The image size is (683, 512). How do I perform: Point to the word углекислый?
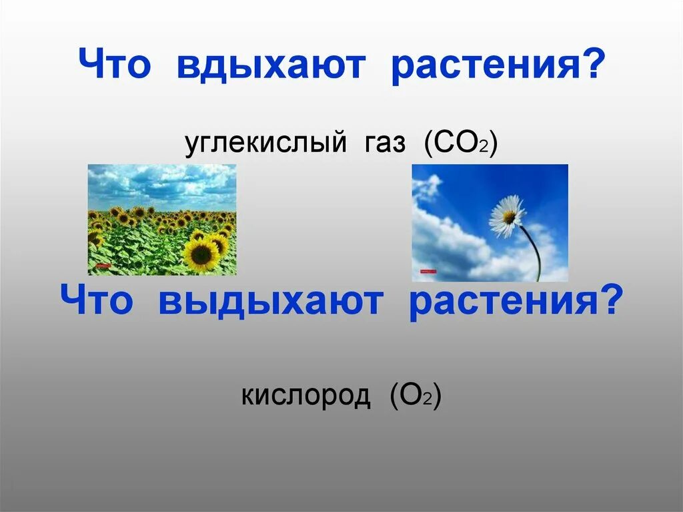click(x=265, y=143)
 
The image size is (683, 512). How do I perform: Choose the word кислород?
click(x=305, y=396)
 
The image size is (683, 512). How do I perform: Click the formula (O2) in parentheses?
click(x=416, y=396)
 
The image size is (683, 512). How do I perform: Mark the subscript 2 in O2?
click(x=427, y=401)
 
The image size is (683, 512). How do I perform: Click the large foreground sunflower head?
click(x=201, y=254)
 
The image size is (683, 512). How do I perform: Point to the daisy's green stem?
click(x=534, y=254)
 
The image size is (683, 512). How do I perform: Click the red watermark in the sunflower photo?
click(x=101, y=266)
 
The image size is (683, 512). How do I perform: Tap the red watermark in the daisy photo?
click(x=426, y=271)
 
